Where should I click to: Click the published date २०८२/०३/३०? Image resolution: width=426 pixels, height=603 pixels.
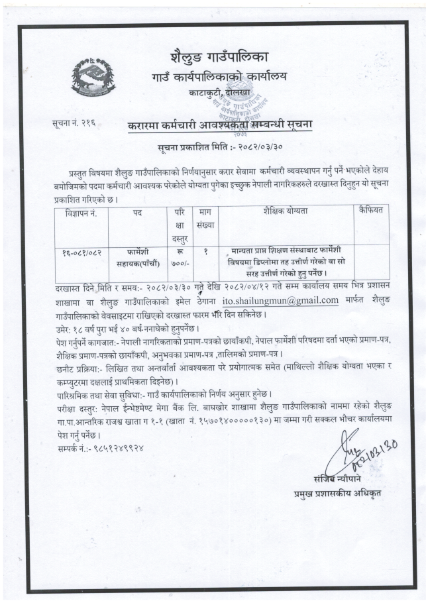(249, 144)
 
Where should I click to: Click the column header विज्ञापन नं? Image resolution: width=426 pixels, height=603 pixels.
(81, 211)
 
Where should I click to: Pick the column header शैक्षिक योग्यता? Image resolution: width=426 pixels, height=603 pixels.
(286, 211)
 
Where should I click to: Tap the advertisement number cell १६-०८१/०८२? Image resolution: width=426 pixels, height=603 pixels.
(81, 252)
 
